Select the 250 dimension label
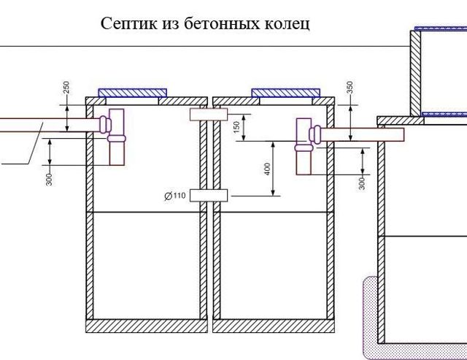point(66,88)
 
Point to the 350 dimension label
point(350,88)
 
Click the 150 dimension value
point(236,127)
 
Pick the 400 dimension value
point(267,169)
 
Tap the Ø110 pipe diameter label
point(175,196)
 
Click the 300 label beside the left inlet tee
point(50,179)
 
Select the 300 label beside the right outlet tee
point(362,183)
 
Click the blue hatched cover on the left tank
point(133,93)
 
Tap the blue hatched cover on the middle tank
point(285,93)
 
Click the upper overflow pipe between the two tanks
point(209,115)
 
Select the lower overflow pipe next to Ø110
point(209,196)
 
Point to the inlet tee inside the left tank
point(113,137)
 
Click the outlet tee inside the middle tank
point(306,146)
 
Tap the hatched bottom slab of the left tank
point(147,326)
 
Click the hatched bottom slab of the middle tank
point(274,326)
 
